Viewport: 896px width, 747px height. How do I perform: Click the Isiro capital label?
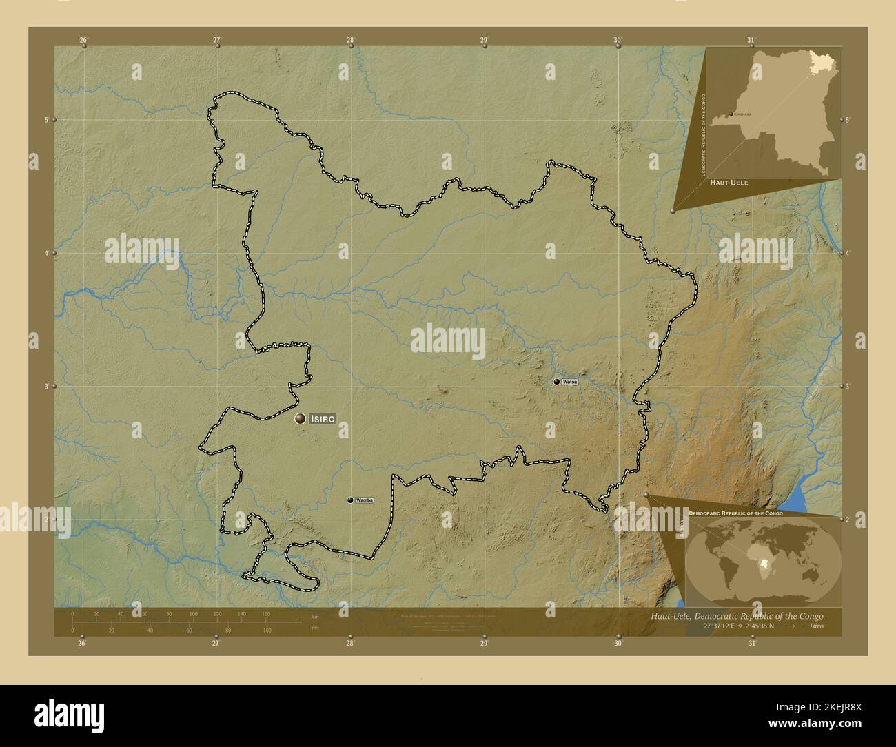tap(323, 418)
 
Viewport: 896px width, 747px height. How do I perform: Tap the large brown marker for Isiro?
tap(301, 418)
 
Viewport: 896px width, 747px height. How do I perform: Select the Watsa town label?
tap(570, 381)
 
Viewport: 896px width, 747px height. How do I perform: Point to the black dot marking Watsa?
tap(556, 381)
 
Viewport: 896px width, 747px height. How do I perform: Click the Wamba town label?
tap(365, 500)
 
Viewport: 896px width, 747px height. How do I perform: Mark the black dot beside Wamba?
tap(350, 500)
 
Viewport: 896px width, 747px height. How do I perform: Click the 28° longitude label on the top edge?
tap(351, 41)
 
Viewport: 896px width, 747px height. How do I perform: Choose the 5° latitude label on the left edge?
tap(46, 120)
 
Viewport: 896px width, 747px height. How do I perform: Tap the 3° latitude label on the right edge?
tap(847, 387)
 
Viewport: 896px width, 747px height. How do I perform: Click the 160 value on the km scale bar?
tap(266, 613)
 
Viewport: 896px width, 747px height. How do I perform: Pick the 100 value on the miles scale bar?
tap(267, 631)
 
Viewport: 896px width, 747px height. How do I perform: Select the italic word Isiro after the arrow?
tap(816, 626)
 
